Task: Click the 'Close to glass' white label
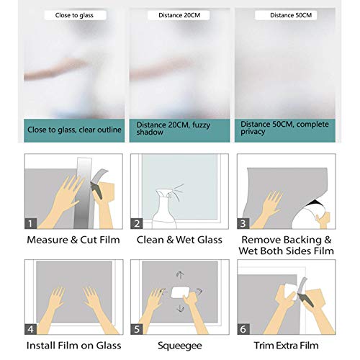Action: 75,15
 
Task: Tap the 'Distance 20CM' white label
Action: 179,15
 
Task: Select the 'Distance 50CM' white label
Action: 286,15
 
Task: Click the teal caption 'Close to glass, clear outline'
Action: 74,130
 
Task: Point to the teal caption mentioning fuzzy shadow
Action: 179,130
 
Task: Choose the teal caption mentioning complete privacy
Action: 285,130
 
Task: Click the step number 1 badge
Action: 30,223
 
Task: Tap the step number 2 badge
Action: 137,223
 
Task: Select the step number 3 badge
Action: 243,223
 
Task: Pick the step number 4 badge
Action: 30,329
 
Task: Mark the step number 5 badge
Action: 137,329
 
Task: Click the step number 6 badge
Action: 243,329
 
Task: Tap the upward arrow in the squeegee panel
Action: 180,275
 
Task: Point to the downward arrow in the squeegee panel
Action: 180,309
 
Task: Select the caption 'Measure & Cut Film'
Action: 73,240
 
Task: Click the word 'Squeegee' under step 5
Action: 180,346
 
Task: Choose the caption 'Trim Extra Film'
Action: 287,346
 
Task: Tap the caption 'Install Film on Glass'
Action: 73,346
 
